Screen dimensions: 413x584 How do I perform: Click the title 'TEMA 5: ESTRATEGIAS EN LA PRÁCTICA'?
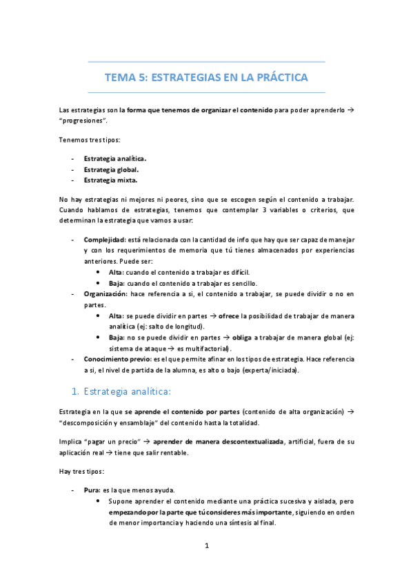206,77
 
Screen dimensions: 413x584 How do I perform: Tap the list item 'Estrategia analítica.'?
114,158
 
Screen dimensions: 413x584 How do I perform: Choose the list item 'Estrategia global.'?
111,169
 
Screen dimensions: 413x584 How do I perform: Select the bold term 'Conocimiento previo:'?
118,359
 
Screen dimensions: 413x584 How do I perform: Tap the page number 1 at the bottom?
206,545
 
